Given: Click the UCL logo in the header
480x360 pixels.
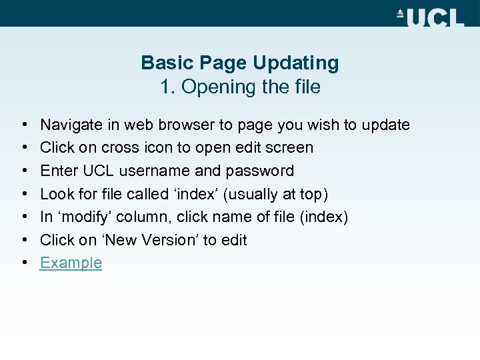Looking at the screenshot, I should [430, 17].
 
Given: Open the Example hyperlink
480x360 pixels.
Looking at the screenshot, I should [71, 263].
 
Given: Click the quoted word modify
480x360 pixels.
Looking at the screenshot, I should [87, 217].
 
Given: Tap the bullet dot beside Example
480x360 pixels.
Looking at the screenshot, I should [23, 263].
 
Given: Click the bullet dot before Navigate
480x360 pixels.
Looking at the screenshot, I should [23, 125].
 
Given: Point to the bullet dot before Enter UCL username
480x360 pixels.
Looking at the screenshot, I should [23, 171].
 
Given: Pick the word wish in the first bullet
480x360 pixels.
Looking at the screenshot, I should [323, 125].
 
